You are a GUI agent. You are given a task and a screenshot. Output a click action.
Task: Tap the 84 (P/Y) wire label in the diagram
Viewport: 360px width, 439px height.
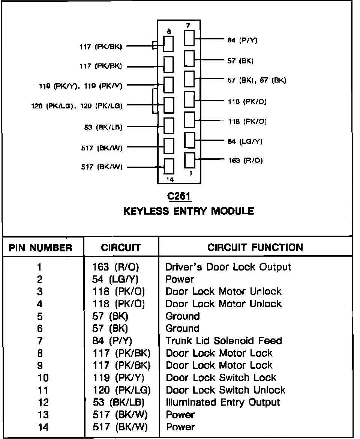(242, 40)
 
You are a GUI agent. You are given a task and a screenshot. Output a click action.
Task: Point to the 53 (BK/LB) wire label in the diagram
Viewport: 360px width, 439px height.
(103, 127)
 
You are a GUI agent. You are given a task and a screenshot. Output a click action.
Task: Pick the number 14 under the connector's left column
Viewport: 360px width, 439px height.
(169, 179)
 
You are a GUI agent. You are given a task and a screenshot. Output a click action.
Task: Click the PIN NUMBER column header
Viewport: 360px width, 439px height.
(40, 248)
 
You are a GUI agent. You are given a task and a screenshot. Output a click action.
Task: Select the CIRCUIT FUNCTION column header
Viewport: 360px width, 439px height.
(255, 248)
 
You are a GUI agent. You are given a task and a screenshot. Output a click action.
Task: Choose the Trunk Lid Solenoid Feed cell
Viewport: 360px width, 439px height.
(223, 341)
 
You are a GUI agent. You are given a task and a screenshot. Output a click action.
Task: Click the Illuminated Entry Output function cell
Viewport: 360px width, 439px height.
(223, 402)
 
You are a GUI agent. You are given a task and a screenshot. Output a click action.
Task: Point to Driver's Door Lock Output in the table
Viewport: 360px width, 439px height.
(228, 267)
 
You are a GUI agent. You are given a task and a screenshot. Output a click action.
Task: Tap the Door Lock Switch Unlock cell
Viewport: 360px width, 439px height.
(225, 390)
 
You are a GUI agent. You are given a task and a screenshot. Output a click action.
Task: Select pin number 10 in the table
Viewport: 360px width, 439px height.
(43, 377)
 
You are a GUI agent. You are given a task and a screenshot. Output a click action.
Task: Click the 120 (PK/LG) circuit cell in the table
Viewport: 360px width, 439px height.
(121, 390)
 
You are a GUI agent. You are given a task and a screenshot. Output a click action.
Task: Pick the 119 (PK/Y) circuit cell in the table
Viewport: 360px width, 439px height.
(118, 377)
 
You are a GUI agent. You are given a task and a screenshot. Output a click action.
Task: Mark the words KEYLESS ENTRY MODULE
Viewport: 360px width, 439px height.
(188, 211)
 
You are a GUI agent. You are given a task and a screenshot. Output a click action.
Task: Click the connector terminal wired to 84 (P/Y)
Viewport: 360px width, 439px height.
(189, 38)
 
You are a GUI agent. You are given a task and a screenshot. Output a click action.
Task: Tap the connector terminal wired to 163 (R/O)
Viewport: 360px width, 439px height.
(190, 160)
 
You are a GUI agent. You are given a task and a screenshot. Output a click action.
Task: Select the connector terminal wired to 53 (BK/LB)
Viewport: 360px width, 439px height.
(169, 125)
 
